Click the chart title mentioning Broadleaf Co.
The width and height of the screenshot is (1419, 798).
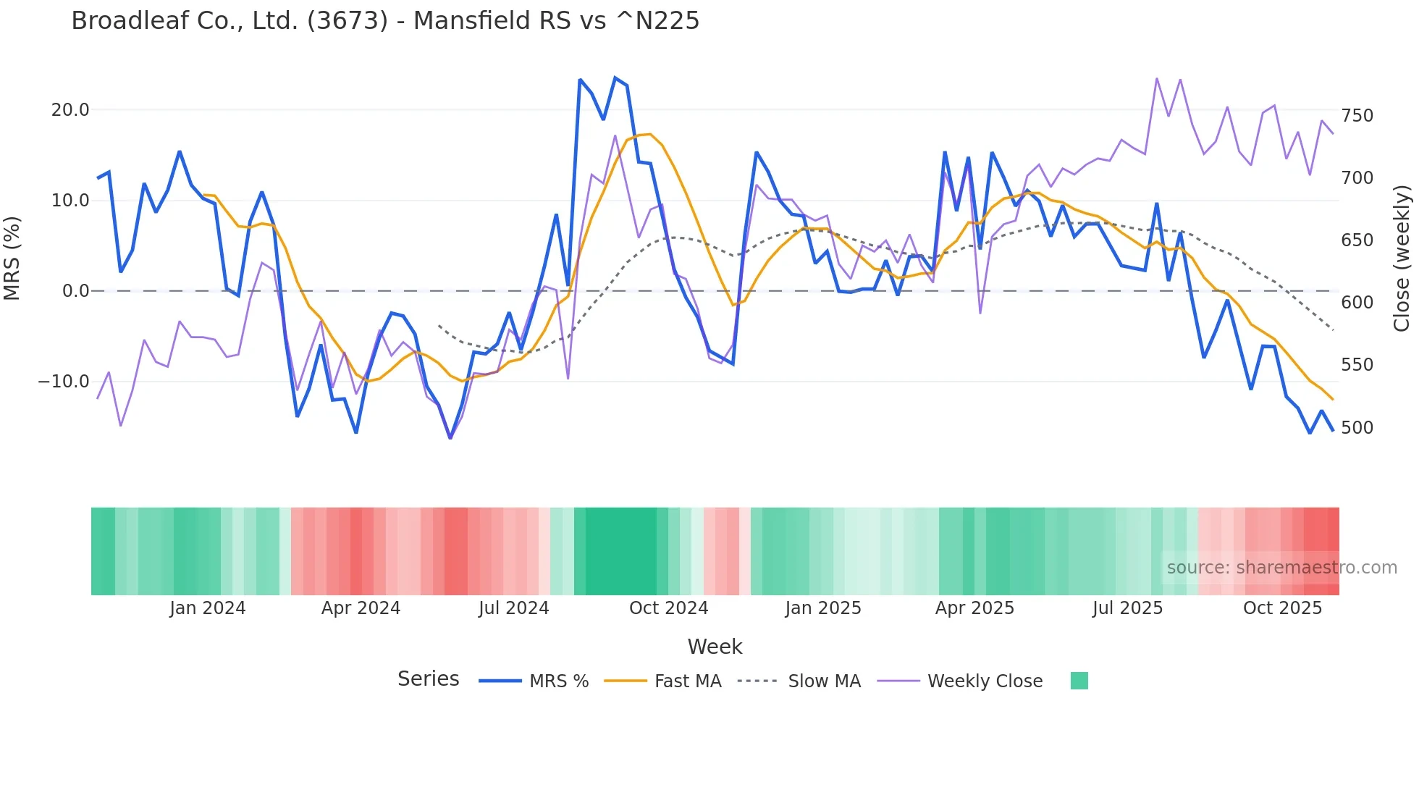[x=385, y=21]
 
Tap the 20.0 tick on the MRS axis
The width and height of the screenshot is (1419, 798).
[x=70, y=110]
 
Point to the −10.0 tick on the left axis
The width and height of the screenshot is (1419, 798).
[x=64, y=382]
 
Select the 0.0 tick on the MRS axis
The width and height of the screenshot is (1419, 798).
[x=76, y=291]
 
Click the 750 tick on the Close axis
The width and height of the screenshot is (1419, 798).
[x=1357, y=116]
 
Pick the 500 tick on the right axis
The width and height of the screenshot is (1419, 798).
[x=1357, y=428]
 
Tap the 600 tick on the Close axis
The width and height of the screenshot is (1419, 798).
[x=1357, y=303]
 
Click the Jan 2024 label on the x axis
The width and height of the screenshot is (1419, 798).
[x=208, y=608]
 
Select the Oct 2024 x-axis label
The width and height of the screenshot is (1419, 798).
[x=668, y=608]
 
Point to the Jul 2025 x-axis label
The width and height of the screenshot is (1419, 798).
[x=1127, y=608]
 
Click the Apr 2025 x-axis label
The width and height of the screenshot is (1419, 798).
[x=974, y=608]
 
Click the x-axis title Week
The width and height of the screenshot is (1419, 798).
[x=715, y=647]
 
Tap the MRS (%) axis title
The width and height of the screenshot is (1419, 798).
[x=12, y=259]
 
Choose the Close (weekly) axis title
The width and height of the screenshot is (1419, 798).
[x=1402, y=259]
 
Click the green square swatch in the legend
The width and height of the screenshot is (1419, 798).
[x=1079, y=681]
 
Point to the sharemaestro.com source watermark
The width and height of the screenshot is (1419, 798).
[x=1281, y=568]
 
